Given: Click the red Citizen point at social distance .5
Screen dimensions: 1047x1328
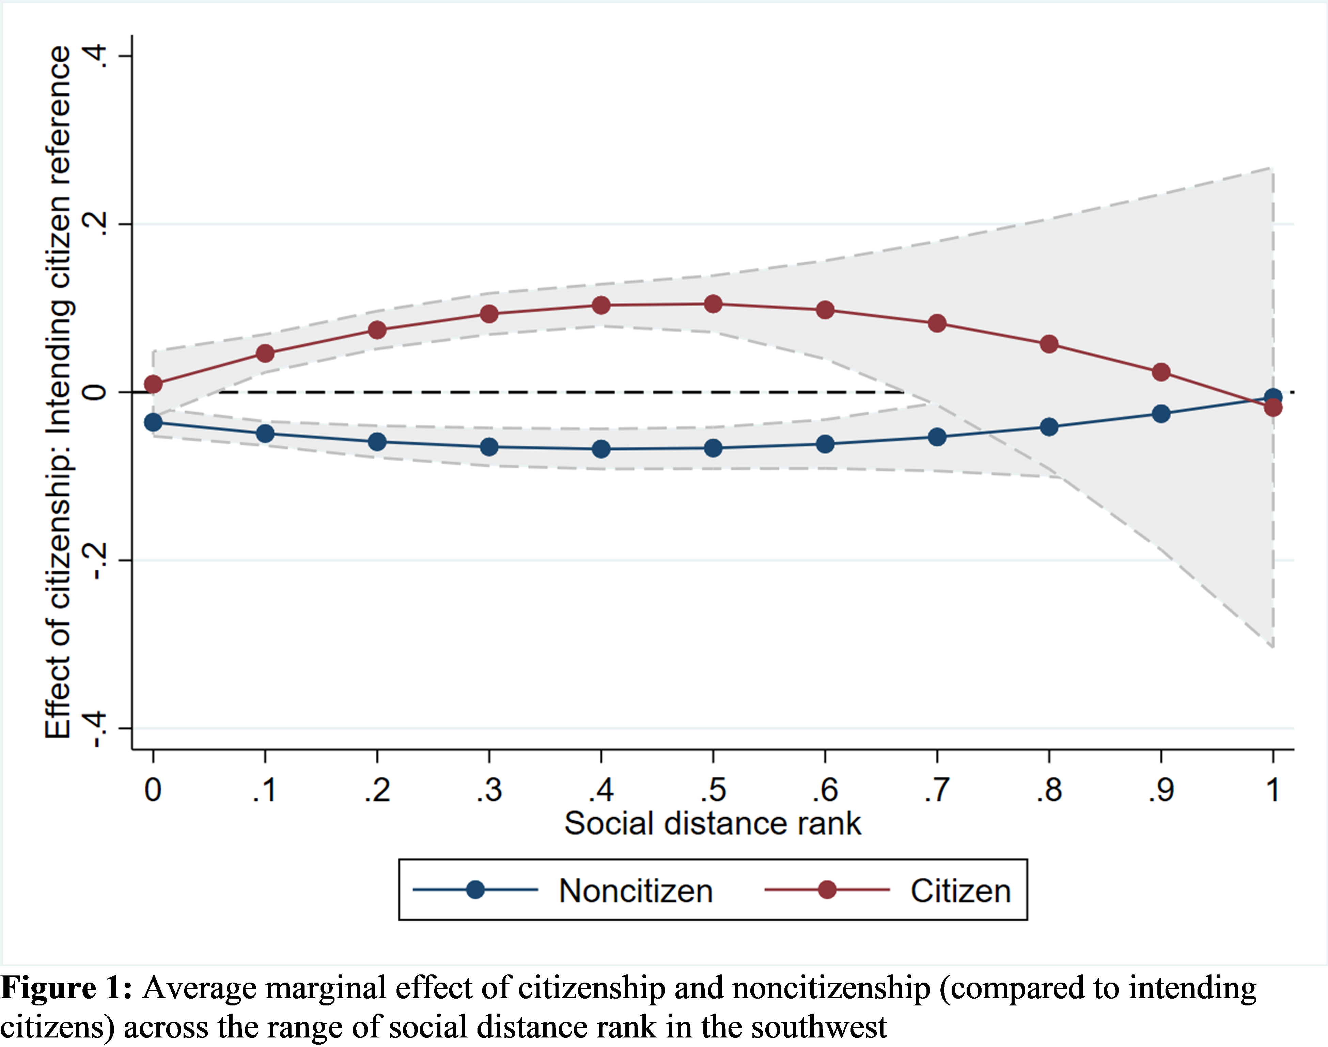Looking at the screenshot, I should tap(713, 304).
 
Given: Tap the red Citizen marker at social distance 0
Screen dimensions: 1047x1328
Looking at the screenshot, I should tap(153, 384).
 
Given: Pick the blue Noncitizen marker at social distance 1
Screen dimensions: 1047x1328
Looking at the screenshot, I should tap(1273, 397).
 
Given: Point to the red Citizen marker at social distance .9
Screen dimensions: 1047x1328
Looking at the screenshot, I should tap(1161, 372).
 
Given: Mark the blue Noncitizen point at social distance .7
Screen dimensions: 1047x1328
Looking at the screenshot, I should tap(937, 437).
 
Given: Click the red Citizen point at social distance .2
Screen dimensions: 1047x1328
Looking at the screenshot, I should tap(377, 330).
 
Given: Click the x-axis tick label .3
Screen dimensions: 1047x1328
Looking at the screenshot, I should tap(489, 790).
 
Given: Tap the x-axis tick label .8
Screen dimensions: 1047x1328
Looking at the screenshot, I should tap(1049, 790).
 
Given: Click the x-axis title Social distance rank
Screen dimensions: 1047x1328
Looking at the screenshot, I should tap(713, 823).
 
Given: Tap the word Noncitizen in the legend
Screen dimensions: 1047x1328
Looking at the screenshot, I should tap(636, 891).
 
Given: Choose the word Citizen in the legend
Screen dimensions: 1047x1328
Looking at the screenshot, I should tap(960, 891).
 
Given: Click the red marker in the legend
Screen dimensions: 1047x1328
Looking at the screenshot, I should tap(827, 890).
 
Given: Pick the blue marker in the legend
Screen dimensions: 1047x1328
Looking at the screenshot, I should tap(475, 890).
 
